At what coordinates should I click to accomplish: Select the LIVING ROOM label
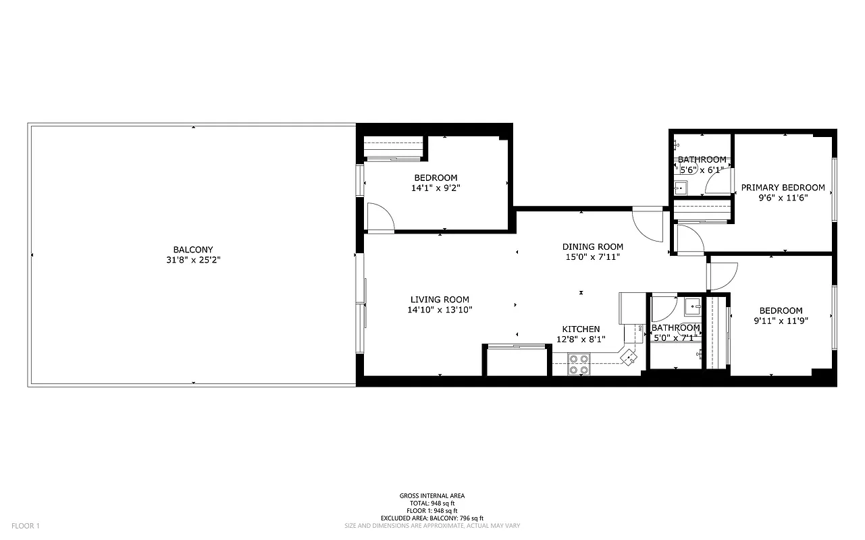click(440, 300)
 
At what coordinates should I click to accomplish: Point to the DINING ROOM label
click(592, 247)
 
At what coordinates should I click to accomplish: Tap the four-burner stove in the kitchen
click(579, 364)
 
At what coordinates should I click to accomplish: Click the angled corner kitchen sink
click(629, 356)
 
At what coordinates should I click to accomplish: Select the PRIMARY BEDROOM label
click(783, 188)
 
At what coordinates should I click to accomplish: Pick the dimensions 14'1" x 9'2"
click(436, 188)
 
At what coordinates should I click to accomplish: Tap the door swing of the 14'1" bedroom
click(380, 217)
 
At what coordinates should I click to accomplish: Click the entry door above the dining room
click(648, 223)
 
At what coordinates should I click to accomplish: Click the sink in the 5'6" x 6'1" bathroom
click(681, 187)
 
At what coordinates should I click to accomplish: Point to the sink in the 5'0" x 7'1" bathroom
click(693, 307)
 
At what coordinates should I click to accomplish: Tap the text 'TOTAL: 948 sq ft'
click(432, 504)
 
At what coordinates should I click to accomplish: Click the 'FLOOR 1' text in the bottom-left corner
click(26, 526)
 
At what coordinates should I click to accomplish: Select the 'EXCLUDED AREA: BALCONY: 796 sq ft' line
click(432, 518)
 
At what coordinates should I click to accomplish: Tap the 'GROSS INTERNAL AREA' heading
click(432, 496)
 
